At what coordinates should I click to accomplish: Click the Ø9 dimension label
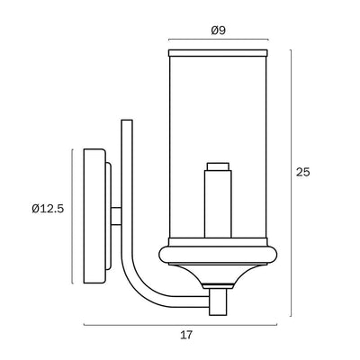pos(217,29)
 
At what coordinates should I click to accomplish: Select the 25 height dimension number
pos(302,173)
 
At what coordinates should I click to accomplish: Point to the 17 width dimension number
pos(185,336)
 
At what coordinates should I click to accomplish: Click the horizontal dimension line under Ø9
pos(218,40)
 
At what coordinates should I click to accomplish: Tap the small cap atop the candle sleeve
pos(217,166)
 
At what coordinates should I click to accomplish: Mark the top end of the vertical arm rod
pos(127,122)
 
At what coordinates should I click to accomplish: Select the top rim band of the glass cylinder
pos(217,54)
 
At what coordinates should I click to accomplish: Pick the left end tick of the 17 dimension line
pos(84,323)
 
